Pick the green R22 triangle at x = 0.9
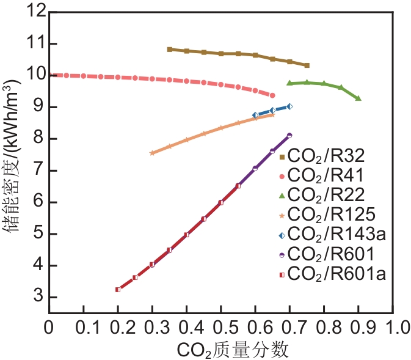point(358,98)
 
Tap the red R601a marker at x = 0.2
point(118,289)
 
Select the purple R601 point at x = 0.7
point(289,135)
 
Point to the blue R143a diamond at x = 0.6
point(255,115)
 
